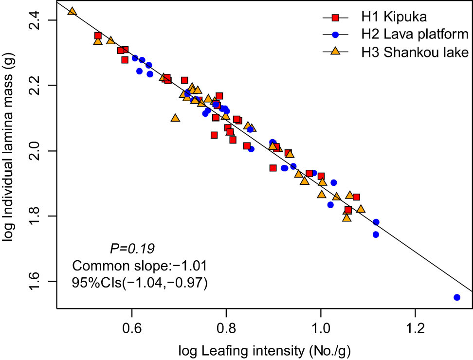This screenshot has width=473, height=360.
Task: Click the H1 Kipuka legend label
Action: point(393,18)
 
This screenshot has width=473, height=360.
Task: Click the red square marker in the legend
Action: point(335,18)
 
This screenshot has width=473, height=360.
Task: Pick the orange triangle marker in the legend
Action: point(335,51)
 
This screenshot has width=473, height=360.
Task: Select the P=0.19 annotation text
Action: point(133,249)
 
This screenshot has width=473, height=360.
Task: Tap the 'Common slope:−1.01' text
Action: point(140,266)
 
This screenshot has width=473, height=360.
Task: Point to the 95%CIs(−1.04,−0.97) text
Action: point(140,283)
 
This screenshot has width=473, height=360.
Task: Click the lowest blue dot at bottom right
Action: point(457,297)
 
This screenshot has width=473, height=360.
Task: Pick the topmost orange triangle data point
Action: point(72,11)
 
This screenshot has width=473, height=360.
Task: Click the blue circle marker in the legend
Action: point(335,34)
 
